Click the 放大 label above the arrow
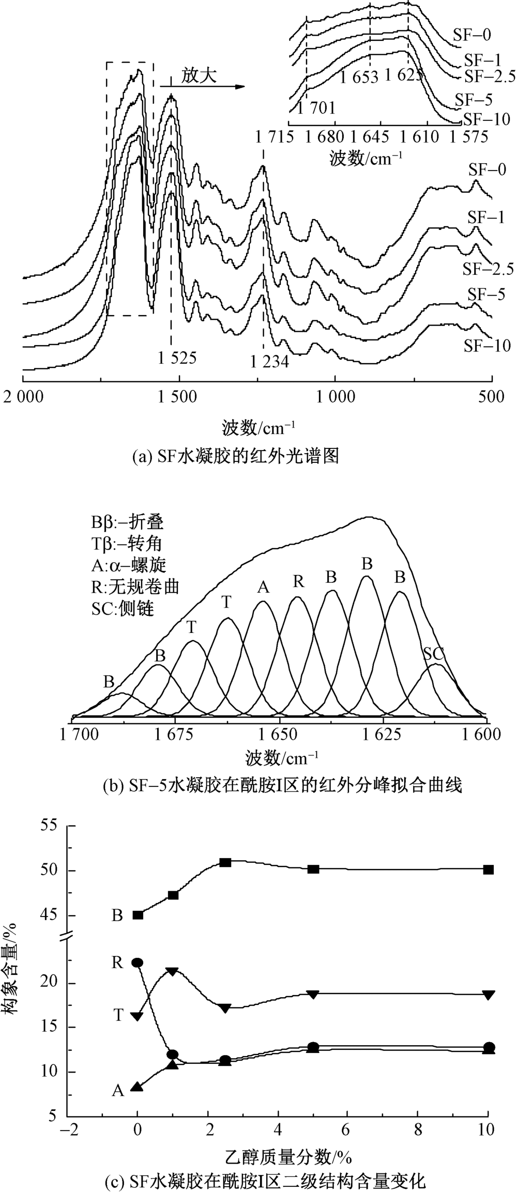(199, 75)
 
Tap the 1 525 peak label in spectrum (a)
(177, 358)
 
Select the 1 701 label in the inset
(316, 107)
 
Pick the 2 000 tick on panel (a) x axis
(23, 396)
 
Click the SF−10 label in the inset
(486, 119)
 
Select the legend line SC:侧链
(123, 609)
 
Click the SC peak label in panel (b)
(434, 654)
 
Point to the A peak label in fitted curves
(263, 587)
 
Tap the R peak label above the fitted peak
(298, 582)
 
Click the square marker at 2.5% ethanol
(225, 863)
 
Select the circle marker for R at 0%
(137, 963)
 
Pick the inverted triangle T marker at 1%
(173, 971)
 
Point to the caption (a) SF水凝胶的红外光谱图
(235, 456)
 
